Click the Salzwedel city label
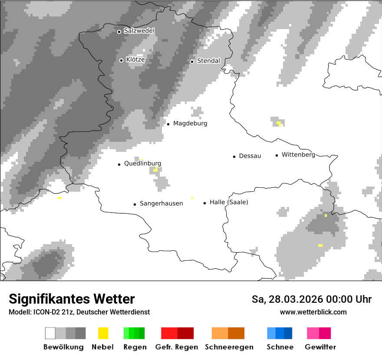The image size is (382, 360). pos(139,31)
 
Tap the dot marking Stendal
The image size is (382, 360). pos(192,61)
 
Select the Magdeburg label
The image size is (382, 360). pos(190,124)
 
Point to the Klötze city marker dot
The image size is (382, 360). pos(121,60)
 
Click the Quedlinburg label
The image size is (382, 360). pos(142,164)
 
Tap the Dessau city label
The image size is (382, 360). pos(250,156)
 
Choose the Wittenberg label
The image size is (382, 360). pos(298,155)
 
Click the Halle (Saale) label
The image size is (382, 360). pos(229,202)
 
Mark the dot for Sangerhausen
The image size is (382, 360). pos(135,204)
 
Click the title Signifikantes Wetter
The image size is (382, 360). pos(72,299)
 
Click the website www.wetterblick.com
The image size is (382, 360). pos(313,312)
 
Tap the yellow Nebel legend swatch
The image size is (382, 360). pos(103,333)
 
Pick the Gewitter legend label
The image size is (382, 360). pos(320,347)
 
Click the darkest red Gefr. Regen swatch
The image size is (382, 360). pos(185,333)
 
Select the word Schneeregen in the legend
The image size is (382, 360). pos(229,347)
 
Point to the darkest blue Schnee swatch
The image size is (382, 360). pos(288,333)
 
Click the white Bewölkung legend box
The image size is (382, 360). pos(50,333)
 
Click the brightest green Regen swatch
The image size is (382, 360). pos(126,333)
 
